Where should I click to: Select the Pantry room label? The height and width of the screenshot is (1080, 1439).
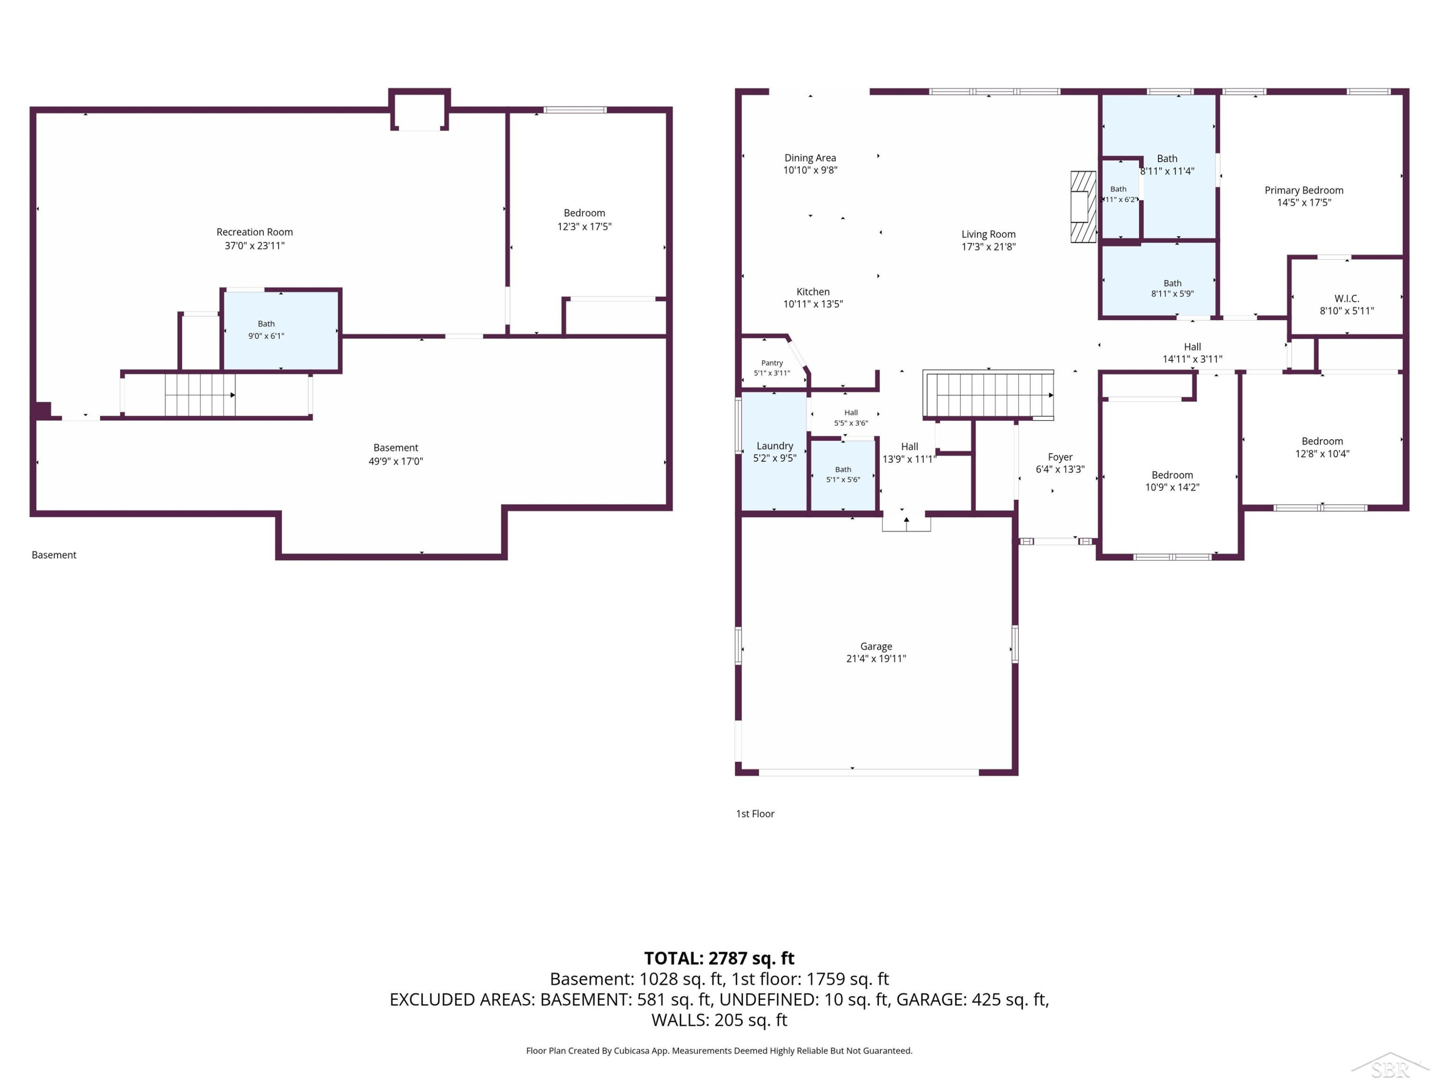[772, 362]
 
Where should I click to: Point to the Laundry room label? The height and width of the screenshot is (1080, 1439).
[775, 446]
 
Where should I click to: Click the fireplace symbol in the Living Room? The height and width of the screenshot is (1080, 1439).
[1083, 206]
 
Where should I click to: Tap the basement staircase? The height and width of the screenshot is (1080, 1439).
[200, 395]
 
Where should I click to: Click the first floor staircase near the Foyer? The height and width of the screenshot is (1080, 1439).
[988, 395]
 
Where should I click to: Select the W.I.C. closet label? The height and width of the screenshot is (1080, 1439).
[1346, 299]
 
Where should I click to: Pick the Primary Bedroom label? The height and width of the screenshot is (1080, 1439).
[1304, 190]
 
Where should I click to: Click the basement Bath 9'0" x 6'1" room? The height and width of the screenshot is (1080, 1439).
[281, 331]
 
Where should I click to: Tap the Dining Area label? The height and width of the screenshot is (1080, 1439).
[810, 157]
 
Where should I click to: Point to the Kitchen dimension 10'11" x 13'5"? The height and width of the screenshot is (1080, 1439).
[813, 304]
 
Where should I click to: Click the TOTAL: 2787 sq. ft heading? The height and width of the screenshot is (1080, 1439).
[719, 958]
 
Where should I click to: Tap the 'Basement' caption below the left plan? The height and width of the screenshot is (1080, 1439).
[54, 555]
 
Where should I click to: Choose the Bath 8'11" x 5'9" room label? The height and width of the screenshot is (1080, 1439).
[1172, 283]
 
